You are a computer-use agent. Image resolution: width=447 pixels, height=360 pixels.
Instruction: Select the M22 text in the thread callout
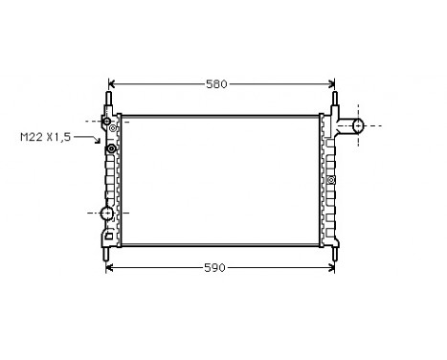pos(33,137)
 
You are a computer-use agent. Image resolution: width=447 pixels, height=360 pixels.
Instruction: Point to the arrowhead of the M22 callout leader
pos(100,145)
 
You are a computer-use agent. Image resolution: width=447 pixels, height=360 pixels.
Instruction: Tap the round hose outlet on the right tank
pos(358,125)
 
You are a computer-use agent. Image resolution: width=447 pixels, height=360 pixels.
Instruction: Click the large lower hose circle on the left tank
pos(107,213)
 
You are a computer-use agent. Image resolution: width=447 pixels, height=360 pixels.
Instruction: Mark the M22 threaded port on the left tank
pos(111,148)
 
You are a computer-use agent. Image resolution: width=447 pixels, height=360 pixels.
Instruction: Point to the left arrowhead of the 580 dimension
pos(111,84)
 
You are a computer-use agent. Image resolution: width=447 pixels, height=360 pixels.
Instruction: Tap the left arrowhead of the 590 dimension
pos(106,267)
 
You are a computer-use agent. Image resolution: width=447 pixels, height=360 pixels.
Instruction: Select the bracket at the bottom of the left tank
pos(108,234)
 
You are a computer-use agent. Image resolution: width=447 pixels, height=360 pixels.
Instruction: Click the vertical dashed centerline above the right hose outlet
pos(358,107)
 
